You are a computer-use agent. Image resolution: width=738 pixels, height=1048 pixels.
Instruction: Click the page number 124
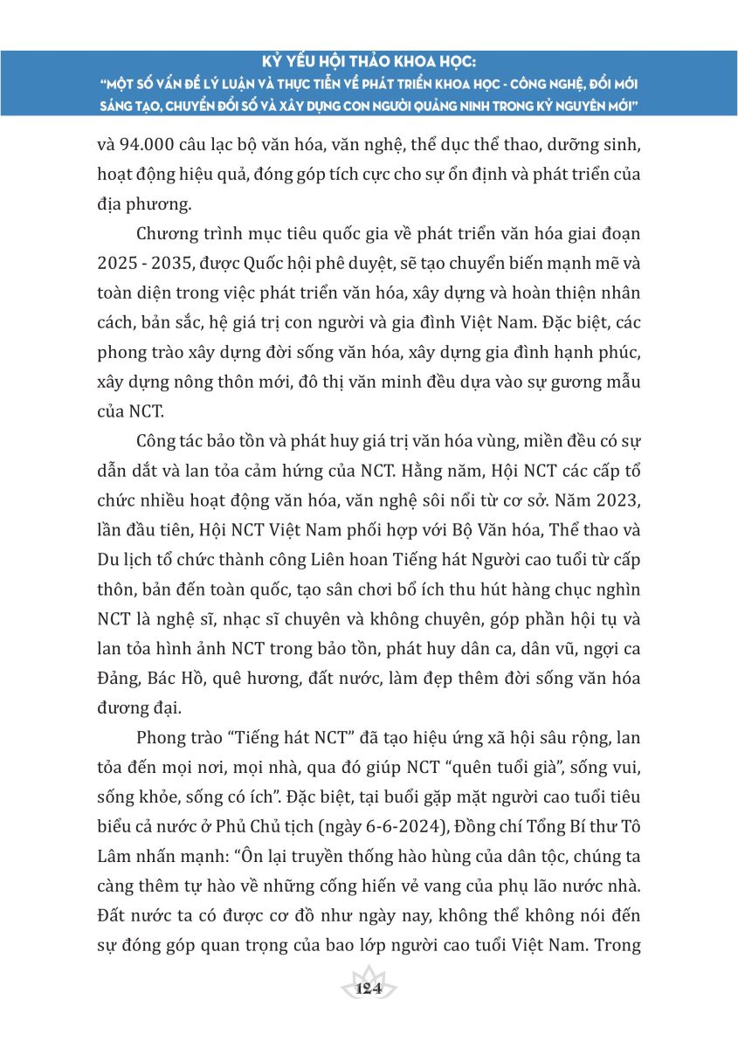pyautogui.click(x=369, y=989)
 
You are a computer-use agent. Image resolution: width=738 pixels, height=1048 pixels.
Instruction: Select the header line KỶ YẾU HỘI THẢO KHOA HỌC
pyautogui.click(x=369, y=63)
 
